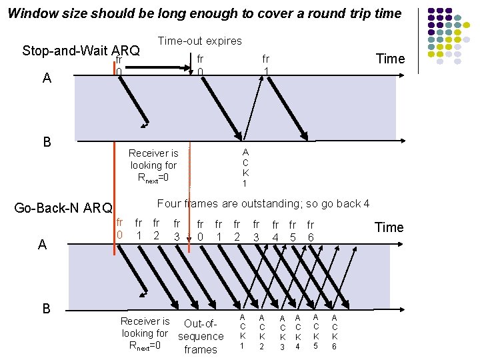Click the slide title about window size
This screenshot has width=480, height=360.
coord(205,13)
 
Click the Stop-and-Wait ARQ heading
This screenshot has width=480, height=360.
coord(81,51)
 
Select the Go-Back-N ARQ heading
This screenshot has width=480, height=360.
coord(63,208)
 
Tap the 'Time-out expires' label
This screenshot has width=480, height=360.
coord(199,41)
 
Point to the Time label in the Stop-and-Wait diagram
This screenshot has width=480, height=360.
coord(390,59)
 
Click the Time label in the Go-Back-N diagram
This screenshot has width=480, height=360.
coord(389,227)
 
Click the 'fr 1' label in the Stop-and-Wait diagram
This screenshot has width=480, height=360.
coord(265,65)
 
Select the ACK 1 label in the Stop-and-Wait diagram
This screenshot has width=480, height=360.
coord(245,167)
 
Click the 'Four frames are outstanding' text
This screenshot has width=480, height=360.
coord(263,203)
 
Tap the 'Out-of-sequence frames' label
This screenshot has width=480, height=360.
coord(201,337)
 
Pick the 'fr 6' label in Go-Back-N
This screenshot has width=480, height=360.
coord(310,231)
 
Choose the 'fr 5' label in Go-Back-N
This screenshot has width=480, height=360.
coord(292,231)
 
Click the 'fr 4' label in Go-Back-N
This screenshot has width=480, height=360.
coord(275,231)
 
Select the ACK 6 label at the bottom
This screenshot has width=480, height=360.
coord(335,331)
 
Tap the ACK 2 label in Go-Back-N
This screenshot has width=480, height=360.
coord(262,331)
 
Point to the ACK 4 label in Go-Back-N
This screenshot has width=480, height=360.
coord(298,331)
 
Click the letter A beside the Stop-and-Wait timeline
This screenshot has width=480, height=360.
coord(46,78)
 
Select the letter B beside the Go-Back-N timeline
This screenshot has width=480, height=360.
coord(46,308)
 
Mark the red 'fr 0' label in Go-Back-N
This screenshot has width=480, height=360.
coord(119,229)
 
